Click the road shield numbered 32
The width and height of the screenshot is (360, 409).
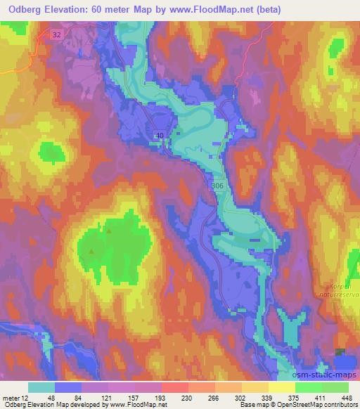57,33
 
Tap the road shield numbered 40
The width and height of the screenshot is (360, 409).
161,136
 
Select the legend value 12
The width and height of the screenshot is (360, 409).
25,397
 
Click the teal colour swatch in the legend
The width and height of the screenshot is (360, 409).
41,387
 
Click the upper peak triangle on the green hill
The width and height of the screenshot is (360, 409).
108,230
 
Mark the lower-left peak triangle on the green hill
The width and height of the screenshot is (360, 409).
91,250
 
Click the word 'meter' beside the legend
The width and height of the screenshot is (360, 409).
10,397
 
